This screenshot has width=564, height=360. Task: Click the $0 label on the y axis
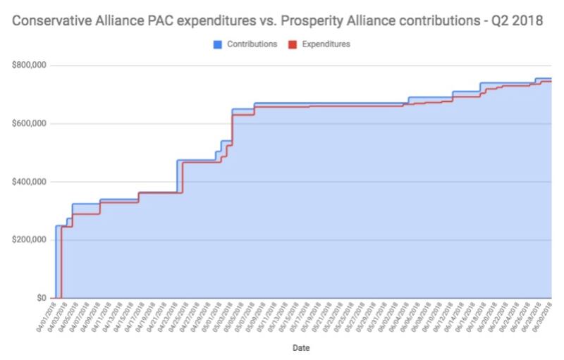[42, 298]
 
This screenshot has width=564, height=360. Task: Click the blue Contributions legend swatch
[218, 44]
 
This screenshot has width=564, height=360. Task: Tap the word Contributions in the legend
[252, 44]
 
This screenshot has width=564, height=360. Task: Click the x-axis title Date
[300, 347]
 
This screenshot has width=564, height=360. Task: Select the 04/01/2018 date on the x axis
[47, 315]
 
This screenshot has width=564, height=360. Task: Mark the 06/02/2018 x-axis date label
[391, 315]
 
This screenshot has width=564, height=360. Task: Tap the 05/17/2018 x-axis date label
[298, 315]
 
